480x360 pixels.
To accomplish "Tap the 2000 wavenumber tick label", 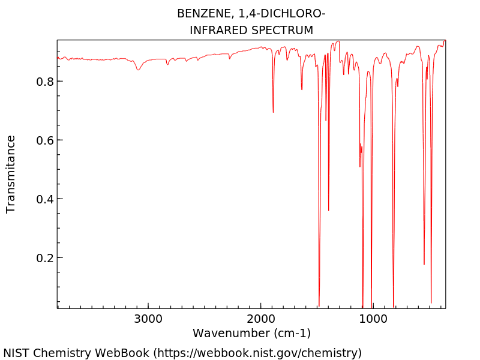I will tap(260, 318).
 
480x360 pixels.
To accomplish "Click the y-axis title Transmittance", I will tap(11, 174).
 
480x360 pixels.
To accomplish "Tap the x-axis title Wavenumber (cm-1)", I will tap(251, 333).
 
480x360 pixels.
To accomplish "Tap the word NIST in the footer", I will tap(17, 353).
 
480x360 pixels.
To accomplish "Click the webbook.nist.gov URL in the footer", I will tap(257, 353).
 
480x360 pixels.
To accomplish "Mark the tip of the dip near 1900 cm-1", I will tap(273, 112).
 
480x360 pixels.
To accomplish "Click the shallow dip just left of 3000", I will tap(138, 70).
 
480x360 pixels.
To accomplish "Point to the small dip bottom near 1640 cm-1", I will tap(302, 89).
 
